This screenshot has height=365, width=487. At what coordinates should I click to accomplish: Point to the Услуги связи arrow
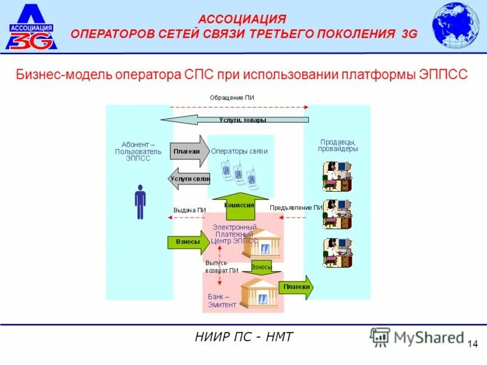tap(189, 179)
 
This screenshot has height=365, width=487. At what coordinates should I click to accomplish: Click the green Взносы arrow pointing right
tap(187, 242)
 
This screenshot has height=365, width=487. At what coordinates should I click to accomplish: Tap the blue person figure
tap(141, 201)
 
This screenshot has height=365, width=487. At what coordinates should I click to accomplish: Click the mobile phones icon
tap(239, 173)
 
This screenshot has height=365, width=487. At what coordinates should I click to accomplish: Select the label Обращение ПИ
tap(232, 97)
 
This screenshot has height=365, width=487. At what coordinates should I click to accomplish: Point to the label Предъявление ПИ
tap(296, 207)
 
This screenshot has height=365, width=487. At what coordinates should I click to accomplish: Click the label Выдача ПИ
tap(189, 210)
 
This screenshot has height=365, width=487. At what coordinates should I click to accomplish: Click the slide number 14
tap(472, 345)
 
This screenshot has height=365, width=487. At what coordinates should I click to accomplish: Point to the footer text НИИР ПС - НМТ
tap(244, 336)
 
